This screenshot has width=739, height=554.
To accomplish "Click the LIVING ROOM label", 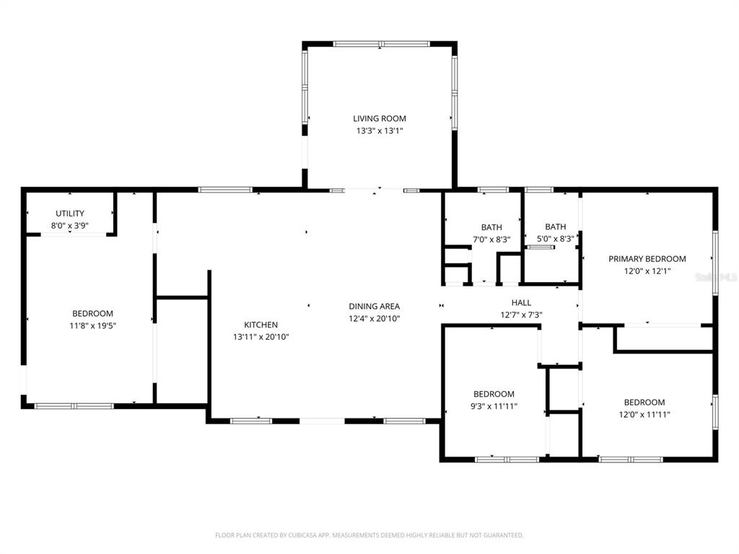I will pos(379,118).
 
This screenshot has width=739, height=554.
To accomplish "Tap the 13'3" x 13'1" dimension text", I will pos(379,131).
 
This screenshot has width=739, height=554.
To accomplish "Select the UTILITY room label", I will pos(70,214).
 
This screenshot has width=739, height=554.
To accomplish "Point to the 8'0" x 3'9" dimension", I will pos(70,225).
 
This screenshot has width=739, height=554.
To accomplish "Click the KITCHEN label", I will pos(261,325).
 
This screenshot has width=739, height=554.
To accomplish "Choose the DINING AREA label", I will pos(374,306).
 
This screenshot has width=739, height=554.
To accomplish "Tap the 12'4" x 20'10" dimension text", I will pos(374,318).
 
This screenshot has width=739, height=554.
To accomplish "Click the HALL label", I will pos(521,302).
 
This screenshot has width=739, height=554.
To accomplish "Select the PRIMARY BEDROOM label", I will pos(647,259).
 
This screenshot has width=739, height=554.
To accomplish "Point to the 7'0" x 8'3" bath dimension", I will pos(491,239).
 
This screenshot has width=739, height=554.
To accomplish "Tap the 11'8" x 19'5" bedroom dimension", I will pos(92,325).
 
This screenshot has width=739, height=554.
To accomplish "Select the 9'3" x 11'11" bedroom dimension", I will pos(494,406).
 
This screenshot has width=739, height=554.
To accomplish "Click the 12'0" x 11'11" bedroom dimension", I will pos(644,414).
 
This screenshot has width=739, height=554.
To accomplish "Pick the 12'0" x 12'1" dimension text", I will pos(647,271).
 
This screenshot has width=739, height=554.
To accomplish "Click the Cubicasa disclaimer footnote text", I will pos(369,535).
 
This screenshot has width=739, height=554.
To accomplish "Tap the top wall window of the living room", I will pos(381,44).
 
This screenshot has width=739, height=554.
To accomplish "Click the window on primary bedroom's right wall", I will pos(714,263).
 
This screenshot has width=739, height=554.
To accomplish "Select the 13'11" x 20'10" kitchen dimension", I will pos(261,337).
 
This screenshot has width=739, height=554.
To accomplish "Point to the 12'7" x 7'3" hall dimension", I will pos(521,315).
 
